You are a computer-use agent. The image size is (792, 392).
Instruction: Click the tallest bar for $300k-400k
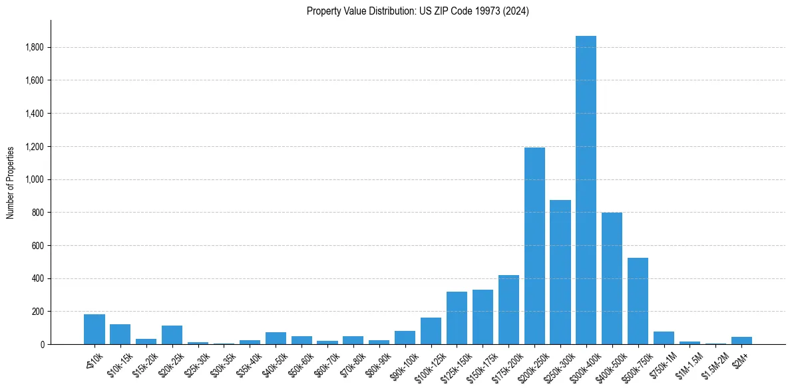click(x=586, y=193)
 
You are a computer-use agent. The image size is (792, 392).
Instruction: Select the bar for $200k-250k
click(x=534, y=246)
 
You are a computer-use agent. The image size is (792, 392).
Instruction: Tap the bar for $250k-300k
click(x=560, y=272)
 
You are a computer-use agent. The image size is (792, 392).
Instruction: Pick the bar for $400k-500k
click(x=612, y=279)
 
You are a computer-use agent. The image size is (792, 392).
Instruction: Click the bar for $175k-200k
click(x=508, y=310)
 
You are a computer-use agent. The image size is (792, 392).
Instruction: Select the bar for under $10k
click(x=95, y=330)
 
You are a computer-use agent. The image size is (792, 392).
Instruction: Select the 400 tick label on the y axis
click(x=39, y=278)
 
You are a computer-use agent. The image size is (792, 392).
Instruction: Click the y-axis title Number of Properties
click(x=10, y=183)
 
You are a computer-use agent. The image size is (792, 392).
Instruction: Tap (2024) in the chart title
click(x=516, y=11)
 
